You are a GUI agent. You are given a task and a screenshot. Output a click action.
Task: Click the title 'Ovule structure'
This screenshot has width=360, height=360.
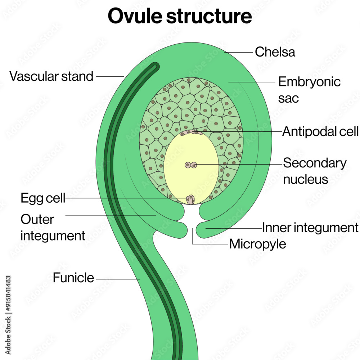click(x=180, y=17)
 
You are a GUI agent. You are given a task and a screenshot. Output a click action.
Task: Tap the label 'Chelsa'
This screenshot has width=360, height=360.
click(x=275, y=52)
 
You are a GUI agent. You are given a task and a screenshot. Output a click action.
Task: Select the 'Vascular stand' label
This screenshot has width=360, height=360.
click(x=51, y=76)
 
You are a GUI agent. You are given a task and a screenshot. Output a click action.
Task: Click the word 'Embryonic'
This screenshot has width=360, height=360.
click(x=309, y=82)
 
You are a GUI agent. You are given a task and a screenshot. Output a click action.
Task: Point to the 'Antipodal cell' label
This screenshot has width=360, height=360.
click(x=320, y=132)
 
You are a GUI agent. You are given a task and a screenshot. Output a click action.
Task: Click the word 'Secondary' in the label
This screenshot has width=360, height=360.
click(x=315, y=163)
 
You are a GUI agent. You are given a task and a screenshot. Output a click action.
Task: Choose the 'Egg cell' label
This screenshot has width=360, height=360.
click(x=43, y=198)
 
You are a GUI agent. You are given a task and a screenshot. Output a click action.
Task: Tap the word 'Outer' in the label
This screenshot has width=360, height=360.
click(x=37, y=219)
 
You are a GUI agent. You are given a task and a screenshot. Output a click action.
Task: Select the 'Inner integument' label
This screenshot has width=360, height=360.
click(x=310, y=228)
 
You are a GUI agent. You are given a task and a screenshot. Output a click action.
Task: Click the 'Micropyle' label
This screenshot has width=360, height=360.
click(x=258, y=244)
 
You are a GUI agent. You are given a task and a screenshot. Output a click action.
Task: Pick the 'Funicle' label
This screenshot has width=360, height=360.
click(x=73, y=278)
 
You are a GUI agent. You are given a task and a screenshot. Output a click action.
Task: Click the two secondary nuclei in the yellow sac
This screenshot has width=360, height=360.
click(x=191, y=165)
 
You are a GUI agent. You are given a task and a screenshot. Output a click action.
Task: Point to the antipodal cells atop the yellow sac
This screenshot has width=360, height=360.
click(x=192, y=132)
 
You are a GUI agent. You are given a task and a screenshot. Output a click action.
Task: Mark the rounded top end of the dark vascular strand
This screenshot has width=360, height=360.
click(x=155, y=66)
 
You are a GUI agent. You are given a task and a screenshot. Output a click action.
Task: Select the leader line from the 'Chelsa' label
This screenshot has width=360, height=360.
click(x=239, y=52)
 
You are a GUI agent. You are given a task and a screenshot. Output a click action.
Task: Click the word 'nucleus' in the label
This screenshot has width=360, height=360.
click(x=305, y=179)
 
